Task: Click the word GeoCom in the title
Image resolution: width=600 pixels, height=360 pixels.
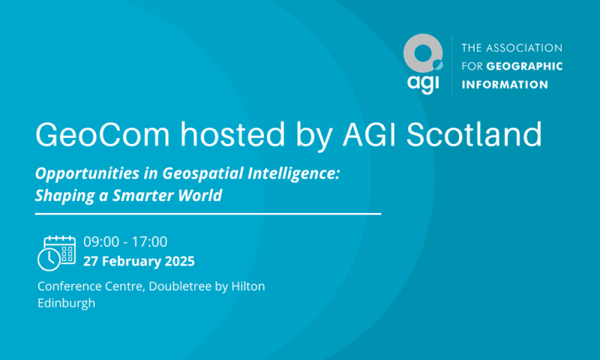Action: (x=103, y=134)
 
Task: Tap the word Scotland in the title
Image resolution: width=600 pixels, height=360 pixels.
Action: (x=474, y=134)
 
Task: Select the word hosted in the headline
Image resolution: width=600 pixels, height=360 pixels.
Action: (x=233, y=134)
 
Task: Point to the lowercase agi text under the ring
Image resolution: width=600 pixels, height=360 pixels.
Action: (x=423, y=83)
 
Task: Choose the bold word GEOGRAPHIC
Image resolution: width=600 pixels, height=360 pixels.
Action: (x=524, y=66)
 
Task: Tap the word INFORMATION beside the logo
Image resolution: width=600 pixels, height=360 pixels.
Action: (x=505, y=85)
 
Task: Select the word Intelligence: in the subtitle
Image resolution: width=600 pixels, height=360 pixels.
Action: (x=293, y=173)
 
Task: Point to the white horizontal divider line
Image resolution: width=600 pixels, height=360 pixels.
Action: (x=208, y=214)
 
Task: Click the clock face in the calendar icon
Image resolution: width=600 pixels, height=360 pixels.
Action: (x=49, y=259)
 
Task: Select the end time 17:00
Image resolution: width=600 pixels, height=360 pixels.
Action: (x=149, y=241)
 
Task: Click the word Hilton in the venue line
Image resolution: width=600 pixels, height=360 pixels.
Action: (x=248, y=286)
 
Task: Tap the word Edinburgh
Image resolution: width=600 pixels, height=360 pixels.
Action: (x=66, y=304)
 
